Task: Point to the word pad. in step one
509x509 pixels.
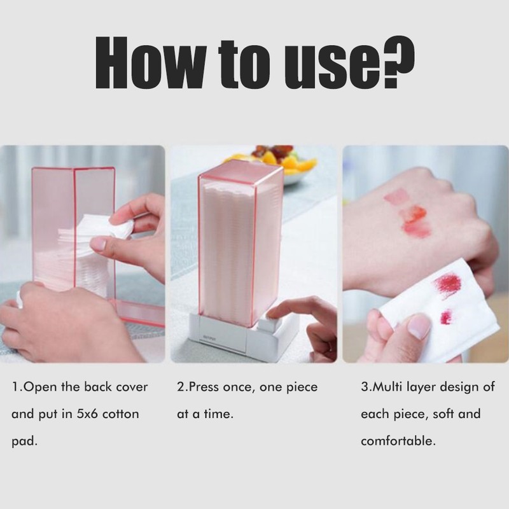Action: tap(25, 440)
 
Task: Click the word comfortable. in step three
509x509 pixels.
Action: tap(398, 440)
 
